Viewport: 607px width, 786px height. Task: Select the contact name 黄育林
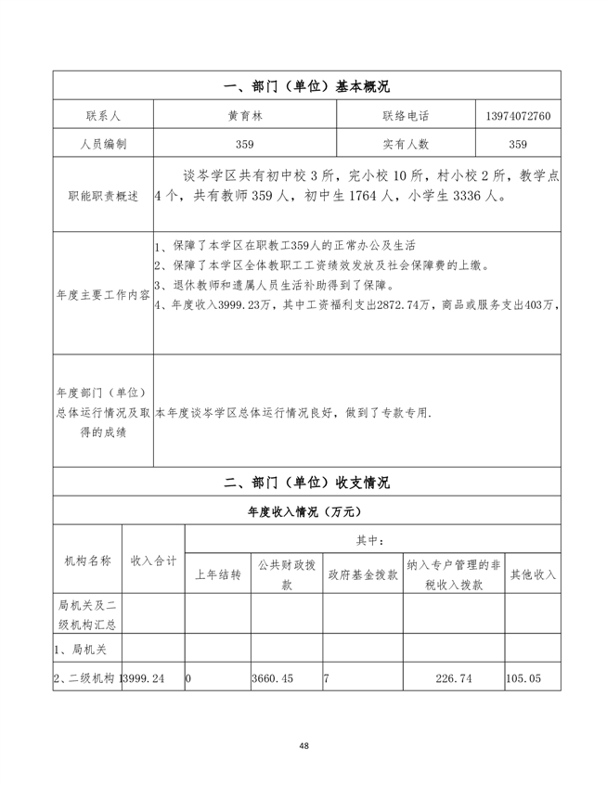click(245, 117)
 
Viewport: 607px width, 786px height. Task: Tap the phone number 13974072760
click(518, 117)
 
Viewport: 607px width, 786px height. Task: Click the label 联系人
click(103, 117)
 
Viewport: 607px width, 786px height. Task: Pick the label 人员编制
click(103, 144)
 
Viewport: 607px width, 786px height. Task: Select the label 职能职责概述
click(103, 197)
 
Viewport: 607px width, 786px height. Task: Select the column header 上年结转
click(218, 575)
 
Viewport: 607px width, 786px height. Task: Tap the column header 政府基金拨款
click(362, 575)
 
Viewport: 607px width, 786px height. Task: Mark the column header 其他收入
click(533, 575)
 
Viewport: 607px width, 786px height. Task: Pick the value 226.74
click(453, 679)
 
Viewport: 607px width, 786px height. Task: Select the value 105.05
click(523, 679)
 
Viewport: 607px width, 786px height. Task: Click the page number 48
click(304, 746)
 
